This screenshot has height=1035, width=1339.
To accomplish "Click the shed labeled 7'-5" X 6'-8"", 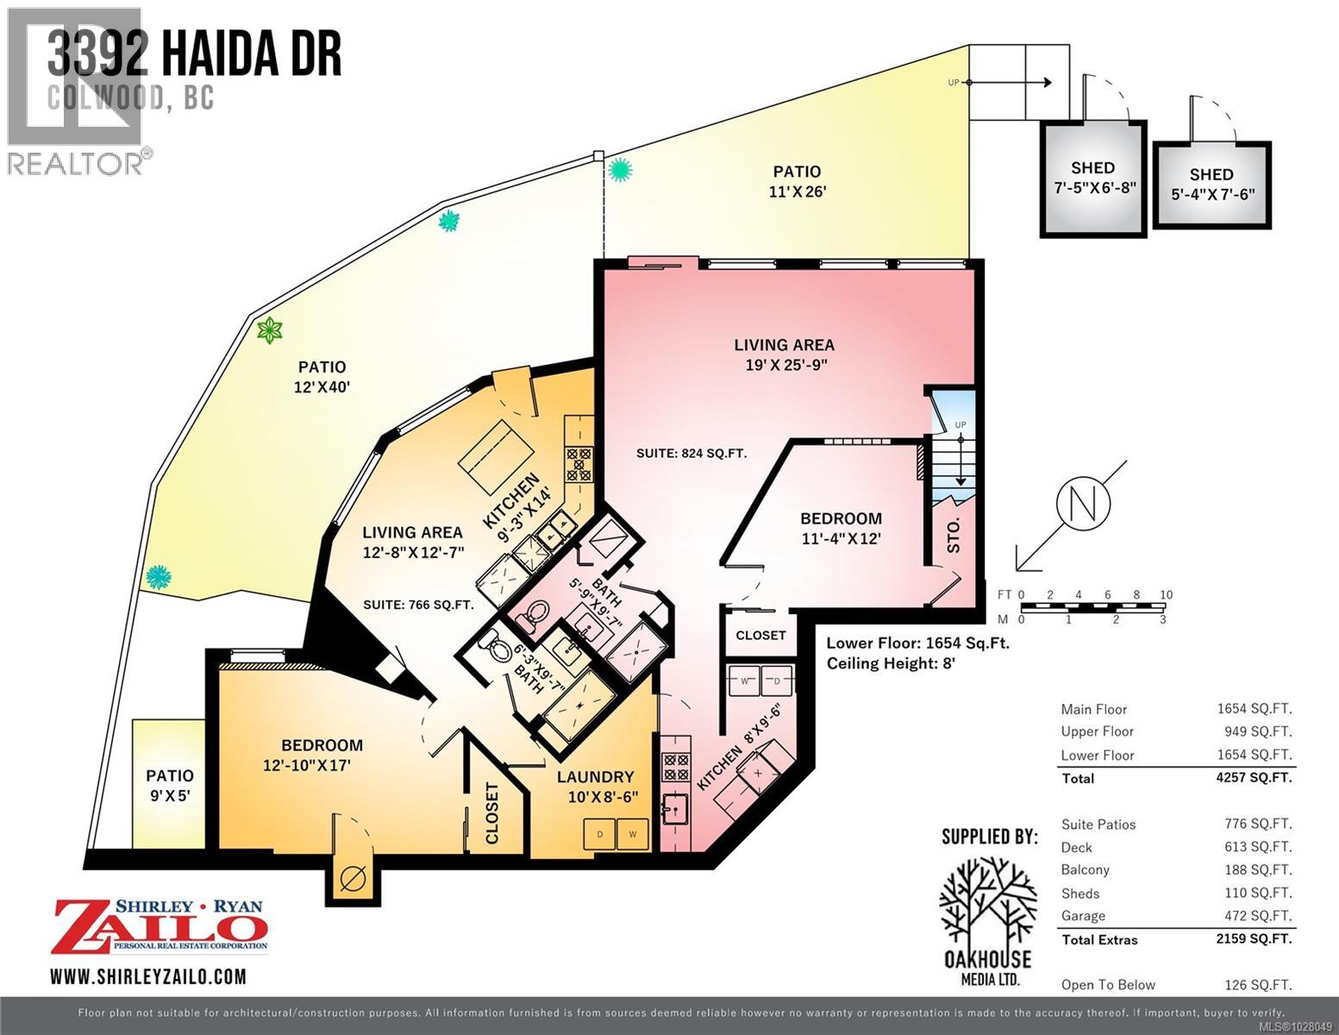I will click(1093, 178).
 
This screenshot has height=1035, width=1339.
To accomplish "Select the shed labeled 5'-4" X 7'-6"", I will click(1211, 184).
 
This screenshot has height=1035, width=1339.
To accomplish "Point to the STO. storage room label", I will click(954, 536).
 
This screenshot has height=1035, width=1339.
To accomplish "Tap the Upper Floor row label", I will click(1097, 731).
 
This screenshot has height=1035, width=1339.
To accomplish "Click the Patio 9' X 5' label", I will click(170, 785).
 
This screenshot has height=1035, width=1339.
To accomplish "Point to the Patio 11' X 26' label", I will click(796, 181).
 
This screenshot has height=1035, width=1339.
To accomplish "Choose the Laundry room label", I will click(595, 786).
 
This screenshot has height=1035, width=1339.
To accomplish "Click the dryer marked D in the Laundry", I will click(599, 834).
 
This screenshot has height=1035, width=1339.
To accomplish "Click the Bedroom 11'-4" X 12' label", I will click(841, 528).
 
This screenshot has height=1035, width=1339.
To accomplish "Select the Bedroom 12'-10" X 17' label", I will click(322, 755).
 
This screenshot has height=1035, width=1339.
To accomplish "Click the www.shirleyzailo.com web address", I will click(148, 976).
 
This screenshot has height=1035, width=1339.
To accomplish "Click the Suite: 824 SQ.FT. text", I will click(691, 453).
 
